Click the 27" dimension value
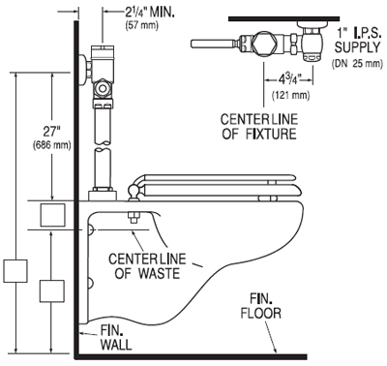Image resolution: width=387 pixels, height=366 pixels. [52, 133]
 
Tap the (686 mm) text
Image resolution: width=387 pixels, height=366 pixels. [52, 145]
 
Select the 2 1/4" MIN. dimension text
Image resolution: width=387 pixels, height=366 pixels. [150, 13]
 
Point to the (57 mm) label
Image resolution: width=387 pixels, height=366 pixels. [142, 25]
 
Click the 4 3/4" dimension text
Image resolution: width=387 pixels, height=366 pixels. [288, 79]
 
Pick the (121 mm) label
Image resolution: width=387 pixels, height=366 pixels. [291, 95]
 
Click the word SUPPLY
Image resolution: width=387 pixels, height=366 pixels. [357, 47]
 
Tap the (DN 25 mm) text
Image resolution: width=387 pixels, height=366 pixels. [357, 64]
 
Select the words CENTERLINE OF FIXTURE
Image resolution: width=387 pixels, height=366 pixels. [259, 127]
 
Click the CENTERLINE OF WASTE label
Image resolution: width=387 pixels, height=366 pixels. [147, 266]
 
